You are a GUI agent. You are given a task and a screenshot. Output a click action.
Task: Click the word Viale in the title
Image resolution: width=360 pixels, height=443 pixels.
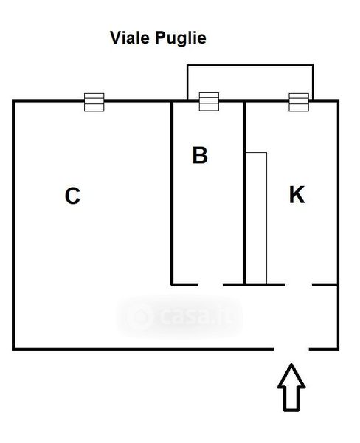pos(130,38)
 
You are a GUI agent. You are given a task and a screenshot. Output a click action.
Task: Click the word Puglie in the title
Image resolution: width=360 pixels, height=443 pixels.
pos(181,38)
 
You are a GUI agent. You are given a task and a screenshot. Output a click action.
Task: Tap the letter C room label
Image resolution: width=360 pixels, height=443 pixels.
pos(72,196)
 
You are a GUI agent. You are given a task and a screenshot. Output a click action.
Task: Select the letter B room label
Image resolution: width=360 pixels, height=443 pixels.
pos(200,155)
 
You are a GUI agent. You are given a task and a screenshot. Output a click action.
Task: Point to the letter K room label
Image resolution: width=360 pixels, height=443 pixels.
pos(297,194)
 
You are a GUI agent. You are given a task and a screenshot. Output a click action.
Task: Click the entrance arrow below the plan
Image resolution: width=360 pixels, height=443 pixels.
pos(291,388)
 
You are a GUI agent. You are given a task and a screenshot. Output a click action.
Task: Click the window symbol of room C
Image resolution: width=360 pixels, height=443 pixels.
pos(94,102)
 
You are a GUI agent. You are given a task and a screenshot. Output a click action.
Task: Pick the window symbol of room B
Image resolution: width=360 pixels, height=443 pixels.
pos(209,101)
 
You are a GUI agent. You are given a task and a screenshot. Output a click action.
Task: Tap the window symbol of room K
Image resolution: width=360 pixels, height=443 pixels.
pos(299,102)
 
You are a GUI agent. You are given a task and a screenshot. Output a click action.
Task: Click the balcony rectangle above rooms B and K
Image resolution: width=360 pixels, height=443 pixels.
pos(250,66)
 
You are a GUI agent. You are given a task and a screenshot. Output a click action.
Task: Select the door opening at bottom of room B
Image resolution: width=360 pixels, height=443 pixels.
pos(211,285)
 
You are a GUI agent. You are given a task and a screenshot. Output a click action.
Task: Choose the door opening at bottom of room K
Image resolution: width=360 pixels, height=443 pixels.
pos(299,285)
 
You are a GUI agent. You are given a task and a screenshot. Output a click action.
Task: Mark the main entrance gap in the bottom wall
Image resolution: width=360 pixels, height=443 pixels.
pos(291,349)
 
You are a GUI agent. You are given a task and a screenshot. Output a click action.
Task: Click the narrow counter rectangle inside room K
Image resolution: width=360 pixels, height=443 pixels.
pos(256,218)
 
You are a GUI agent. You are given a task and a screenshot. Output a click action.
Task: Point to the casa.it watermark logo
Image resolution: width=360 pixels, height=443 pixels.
pos(179,317)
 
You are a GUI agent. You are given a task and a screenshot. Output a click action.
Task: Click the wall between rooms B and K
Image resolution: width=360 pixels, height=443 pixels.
pos(244,193)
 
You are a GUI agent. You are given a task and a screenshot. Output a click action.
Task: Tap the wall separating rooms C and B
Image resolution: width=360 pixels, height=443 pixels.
pos(172,193)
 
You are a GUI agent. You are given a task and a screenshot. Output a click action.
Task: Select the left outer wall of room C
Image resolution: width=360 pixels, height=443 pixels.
pos(13,225)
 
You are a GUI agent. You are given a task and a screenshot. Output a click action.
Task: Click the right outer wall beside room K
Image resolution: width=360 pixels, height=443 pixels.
pos(338,225)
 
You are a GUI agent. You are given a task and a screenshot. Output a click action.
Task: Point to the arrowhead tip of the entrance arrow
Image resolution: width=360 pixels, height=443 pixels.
pos(291,364)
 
